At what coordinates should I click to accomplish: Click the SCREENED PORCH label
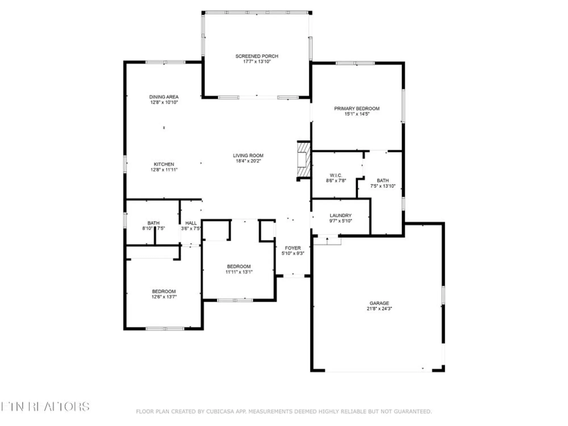coord(257,56)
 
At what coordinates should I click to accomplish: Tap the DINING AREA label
coord(164,97)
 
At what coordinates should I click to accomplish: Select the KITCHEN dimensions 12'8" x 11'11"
coord(164,170)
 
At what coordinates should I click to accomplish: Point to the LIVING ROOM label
coord(248,155)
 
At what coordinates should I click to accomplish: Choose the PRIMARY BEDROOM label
coord(357,108)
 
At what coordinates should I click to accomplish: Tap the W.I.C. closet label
coord(336,175)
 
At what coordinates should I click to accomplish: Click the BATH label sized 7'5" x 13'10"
coord(383,180)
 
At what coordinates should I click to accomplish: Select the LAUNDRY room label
coord(341,215)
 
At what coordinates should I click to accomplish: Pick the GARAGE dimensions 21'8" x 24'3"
coord(379,308)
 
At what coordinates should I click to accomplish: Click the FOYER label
coord(293,248)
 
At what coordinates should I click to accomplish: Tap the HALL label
coord(191,223)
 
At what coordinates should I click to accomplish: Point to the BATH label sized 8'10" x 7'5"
coord(153,223)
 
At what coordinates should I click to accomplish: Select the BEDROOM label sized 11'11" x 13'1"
coord(239,266)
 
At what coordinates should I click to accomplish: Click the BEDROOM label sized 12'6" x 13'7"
coord(164,291)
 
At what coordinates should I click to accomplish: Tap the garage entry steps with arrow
coord(327,241)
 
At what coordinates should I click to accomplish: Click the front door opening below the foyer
coord(294,275)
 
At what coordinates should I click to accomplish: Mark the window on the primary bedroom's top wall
coord(355,63)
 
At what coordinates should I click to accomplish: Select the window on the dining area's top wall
coord(165,62)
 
